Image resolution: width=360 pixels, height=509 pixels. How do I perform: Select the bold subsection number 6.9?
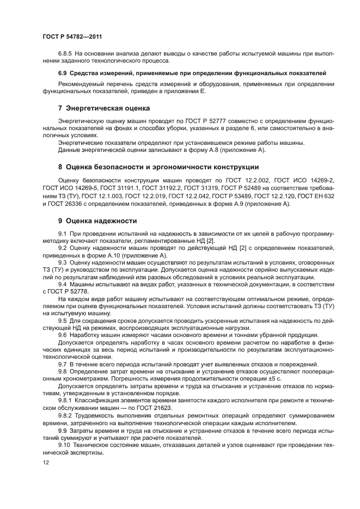[63, 72]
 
